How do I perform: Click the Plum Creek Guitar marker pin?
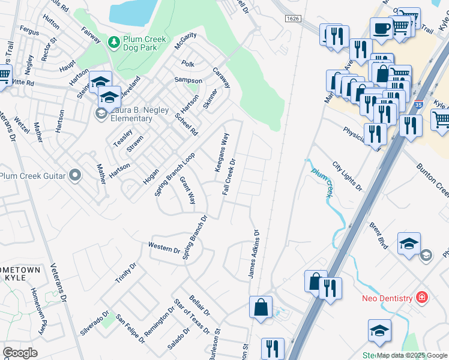74,175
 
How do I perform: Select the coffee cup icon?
381,28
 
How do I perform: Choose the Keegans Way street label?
222,152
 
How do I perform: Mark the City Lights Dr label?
348,176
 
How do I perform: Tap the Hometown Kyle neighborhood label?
20,274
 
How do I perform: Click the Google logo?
20,352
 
